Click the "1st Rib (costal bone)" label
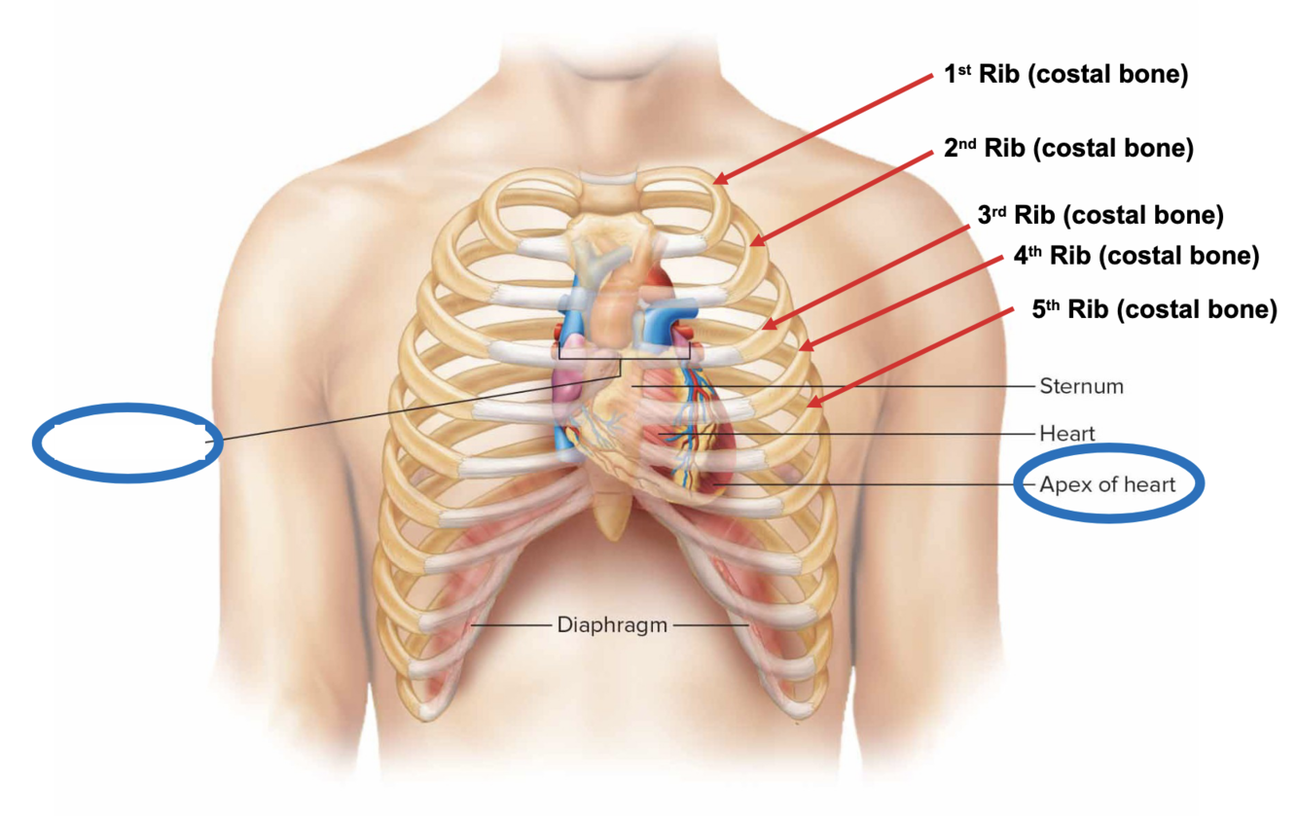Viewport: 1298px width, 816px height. [1064, 76]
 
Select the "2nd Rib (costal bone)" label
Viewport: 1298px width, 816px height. [1068, 148]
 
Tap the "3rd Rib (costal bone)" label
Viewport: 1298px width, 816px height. [1100, 214]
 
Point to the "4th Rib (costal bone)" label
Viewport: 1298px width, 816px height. [1136, 256]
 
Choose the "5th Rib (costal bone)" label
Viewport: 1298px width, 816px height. [1154, 309]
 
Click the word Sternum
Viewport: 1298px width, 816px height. [1081, 386]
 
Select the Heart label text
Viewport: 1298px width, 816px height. [1066, 433]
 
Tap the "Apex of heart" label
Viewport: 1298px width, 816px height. [1107, 484]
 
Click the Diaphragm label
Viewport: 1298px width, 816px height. [612, 624]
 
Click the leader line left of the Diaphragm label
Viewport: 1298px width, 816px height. [511, 624]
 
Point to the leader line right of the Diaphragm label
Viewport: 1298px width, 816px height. [710, 624]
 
